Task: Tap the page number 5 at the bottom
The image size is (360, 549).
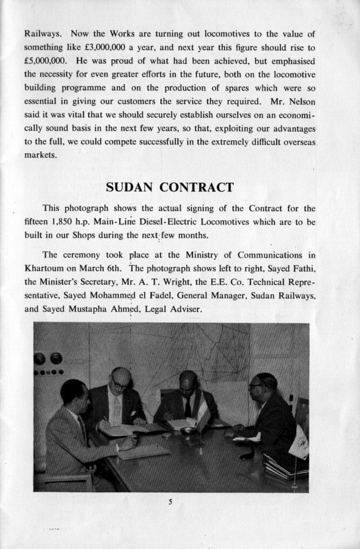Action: pyautogui.click(x=170, y=502)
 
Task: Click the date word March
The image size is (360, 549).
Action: pyautogui.click(x=94, y=268)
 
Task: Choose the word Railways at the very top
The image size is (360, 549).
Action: pyautogui.click(x=43, y=34)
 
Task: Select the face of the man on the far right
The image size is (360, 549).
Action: pyautogui.click(x=259, y=387)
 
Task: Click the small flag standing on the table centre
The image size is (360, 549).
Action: pyautogui.click(x=203, y=415)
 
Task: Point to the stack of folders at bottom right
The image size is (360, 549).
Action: pyautogui.click(x=284, y=466)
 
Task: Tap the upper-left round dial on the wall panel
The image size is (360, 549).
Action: pyautogui.click(x=40, y=358)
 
